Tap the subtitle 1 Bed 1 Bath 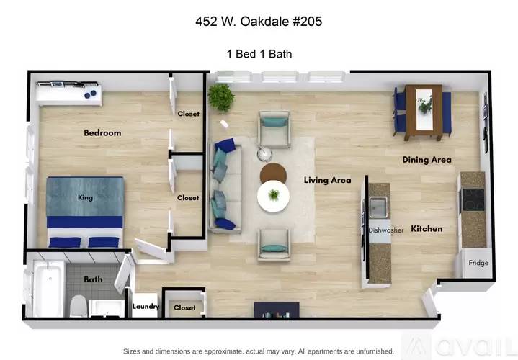[258, 53]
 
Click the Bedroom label [102, 132]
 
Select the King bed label [86, 197]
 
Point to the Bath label [92, 279]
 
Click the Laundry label [146, 307]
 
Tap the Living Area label [327, 180]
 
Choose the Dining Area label [427, 159]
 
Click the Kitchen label [427, 229]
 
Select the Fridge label [478, 263]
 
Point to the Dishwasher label [385, 230]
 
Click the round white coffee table [274, 195]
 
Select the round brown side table [273, 173]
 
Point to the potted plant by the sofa [221, 97]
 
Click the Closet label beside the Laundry [184, 307]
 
